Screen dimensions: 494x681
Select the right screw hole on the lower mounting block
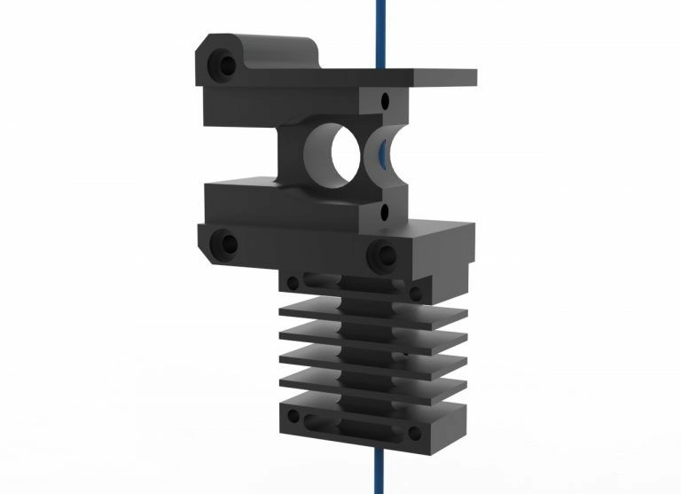tap(382, 255)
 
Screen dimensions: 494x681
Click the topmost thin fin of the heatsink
tap(372, 310)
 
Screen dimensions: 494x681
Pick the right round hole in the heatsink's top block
tap(414, 292)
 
